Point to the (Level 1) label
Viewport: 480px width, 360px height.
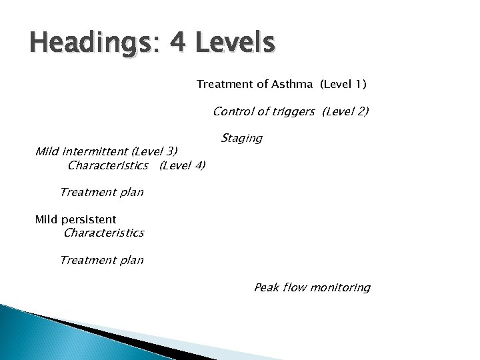click(343, 85)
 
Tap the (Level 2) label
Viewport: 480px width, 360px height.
click(345, 111)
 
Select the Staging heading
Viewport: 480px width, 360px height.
click(241, 138)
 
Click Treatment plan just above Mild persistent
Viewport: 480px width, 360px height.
click(101, 192)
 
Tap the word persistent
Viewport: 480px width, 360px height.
click(91, 219)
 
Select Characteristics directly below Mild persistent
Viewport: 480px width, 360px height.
click(103, 233)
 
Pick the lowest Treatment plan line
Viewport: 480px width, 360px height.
click(101, 260)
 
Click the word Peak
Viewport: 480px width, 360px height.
click(266, 287)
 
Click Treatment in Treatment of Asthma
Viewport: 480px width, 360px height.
click(223, 85)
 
